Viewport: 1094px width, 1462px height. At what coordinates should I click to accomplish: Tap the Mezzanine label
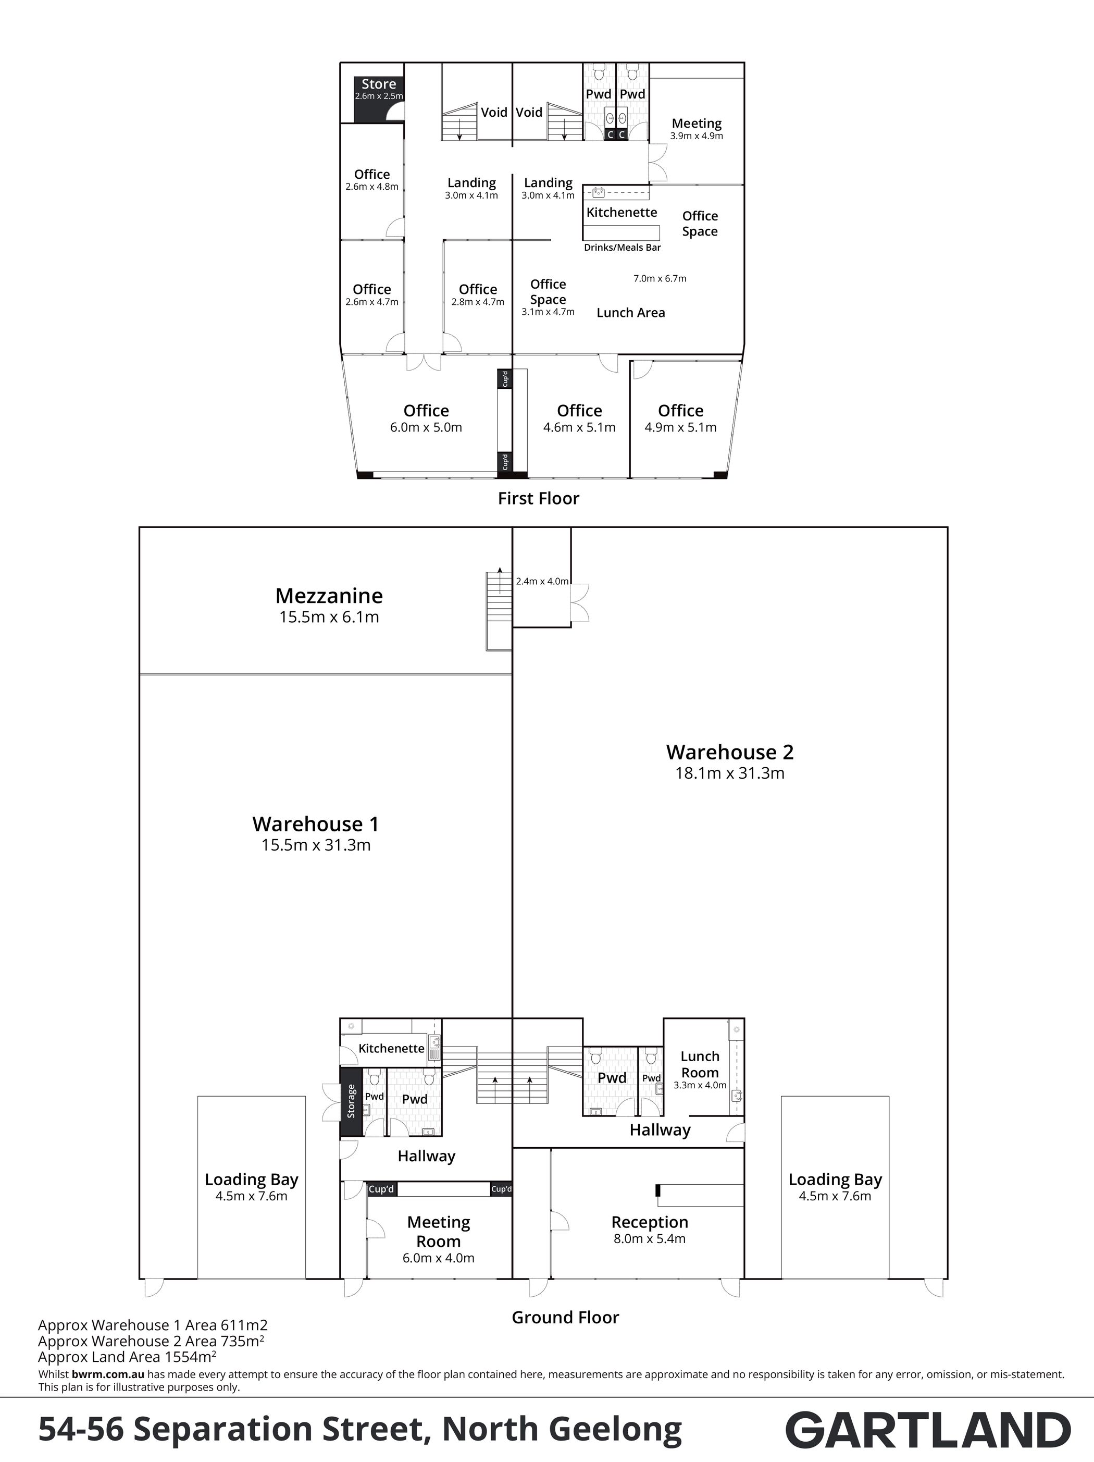tap(329, 596)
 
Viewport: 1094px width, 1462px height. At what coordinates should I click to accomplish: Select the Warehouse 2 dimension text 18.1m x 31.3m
tap(729, 773)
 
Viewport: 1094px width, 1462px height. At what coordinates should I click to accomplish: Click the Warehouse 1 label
tap(316, 824)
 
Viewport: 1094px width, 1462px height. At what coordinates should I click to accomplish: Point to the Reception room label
tap(650, 1222)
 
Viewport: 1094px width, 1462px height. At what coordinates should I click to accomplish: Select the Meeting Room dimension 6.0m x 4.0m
tap(438, 1258)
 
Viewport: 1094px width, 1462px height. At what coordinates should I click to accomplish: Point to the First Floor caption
tap(539, 498)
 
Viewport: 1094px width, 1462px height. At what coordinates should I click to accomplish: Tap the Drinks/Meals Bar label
tap(623, 248)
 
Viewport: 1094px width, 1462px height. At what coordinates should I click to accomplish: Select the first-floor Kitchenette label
tap(621, 212)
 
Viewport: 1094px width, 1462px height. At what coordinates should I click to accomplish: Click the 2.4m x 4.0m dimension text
tap(542, 582)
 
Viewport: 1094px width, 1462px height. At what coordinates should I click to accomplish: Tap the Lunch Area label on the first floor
tap(631, 313)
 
